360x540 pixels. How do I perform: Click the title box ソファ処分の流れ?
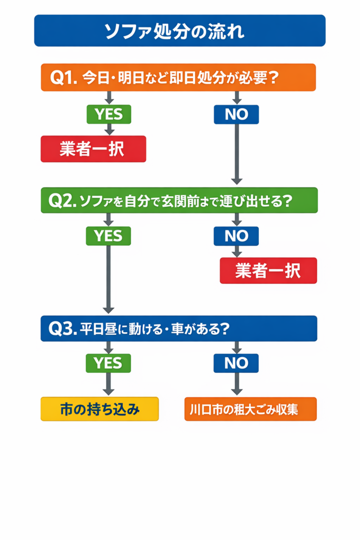(180, 31)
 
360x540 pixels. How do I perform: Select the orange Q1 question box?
(178, 78)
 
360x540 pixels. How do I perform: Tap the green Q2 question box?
(179, 200)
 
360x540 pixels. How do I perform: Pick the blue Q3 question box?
(179, 328)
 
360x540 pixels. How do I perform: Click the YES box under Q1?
(109, 114)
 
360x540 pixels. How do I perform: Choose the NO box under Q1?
(236, 114)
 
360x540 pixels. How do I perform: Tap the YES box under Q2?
(109, 236)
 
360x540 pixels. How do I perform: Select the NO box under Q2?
(236, 236)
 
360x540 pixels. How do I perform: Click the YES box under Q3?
(109, 363)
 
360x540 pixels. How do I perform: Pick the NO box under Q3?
(236, 363)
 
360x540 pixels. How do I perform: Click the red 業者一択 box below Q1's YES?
(93, 149)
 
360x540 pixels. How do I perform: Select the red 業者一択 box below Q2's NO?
(268, 271)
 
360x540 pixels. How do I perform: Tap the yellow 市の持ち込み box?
(100, 409)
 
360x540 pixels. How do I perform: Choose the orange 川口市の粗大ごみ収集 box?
(250, 409)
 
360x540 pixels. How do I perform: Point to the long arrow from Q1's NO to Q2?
(237, 153)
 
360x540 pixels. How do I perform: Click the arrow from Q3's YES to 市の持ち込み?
(109, 384)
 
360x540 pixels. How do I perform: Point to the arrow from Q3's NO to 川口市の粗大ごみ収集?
(237, 384)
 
